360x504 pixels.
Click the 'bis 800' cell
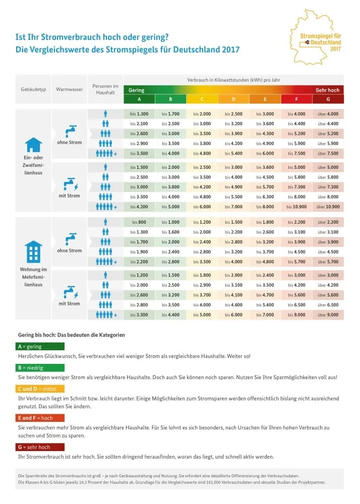[x=139, y=222]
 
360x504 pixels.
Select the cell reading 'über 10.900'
[x=328, y=207]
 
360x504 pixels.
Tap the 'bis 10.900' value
[x=296, y=207]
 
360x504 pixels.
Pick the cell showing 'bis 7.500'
[x=296, y=153]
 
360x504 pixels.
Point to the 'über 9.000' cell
[x=328, y=314]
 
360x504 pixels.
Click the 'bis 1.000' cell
[x=171, y=222]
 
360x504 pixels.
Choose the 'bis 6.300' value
[x=265, y=197]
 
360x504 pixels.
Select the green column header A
[x=139, y=99]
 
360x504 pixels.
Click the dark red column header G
[x=328, y=99]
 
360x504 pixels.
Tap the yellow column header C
[x=202, y=99]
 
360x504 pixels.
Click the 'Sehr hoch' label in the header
[x=327, y=90]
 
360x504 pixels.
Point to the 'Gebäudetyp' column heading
[x=33, y=89]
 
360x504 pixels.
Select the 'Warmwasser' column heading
[x=69, y=89]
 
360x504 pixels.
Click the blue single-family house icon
[x=33, y=145]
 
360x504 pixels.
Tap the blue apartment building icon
[x=33, y=250]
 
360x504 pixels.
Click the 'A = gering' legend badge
[x=40, y=347]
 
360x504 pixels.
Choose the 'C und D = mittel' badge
[x=40, y=389]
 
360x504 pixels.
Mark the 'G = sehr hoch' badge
[x=40, y=447]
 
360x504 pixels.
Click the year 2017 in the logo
[x=335, y=49]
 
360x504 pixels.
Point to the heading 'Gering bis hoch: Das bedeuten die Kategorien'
[x=71, y=335]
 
